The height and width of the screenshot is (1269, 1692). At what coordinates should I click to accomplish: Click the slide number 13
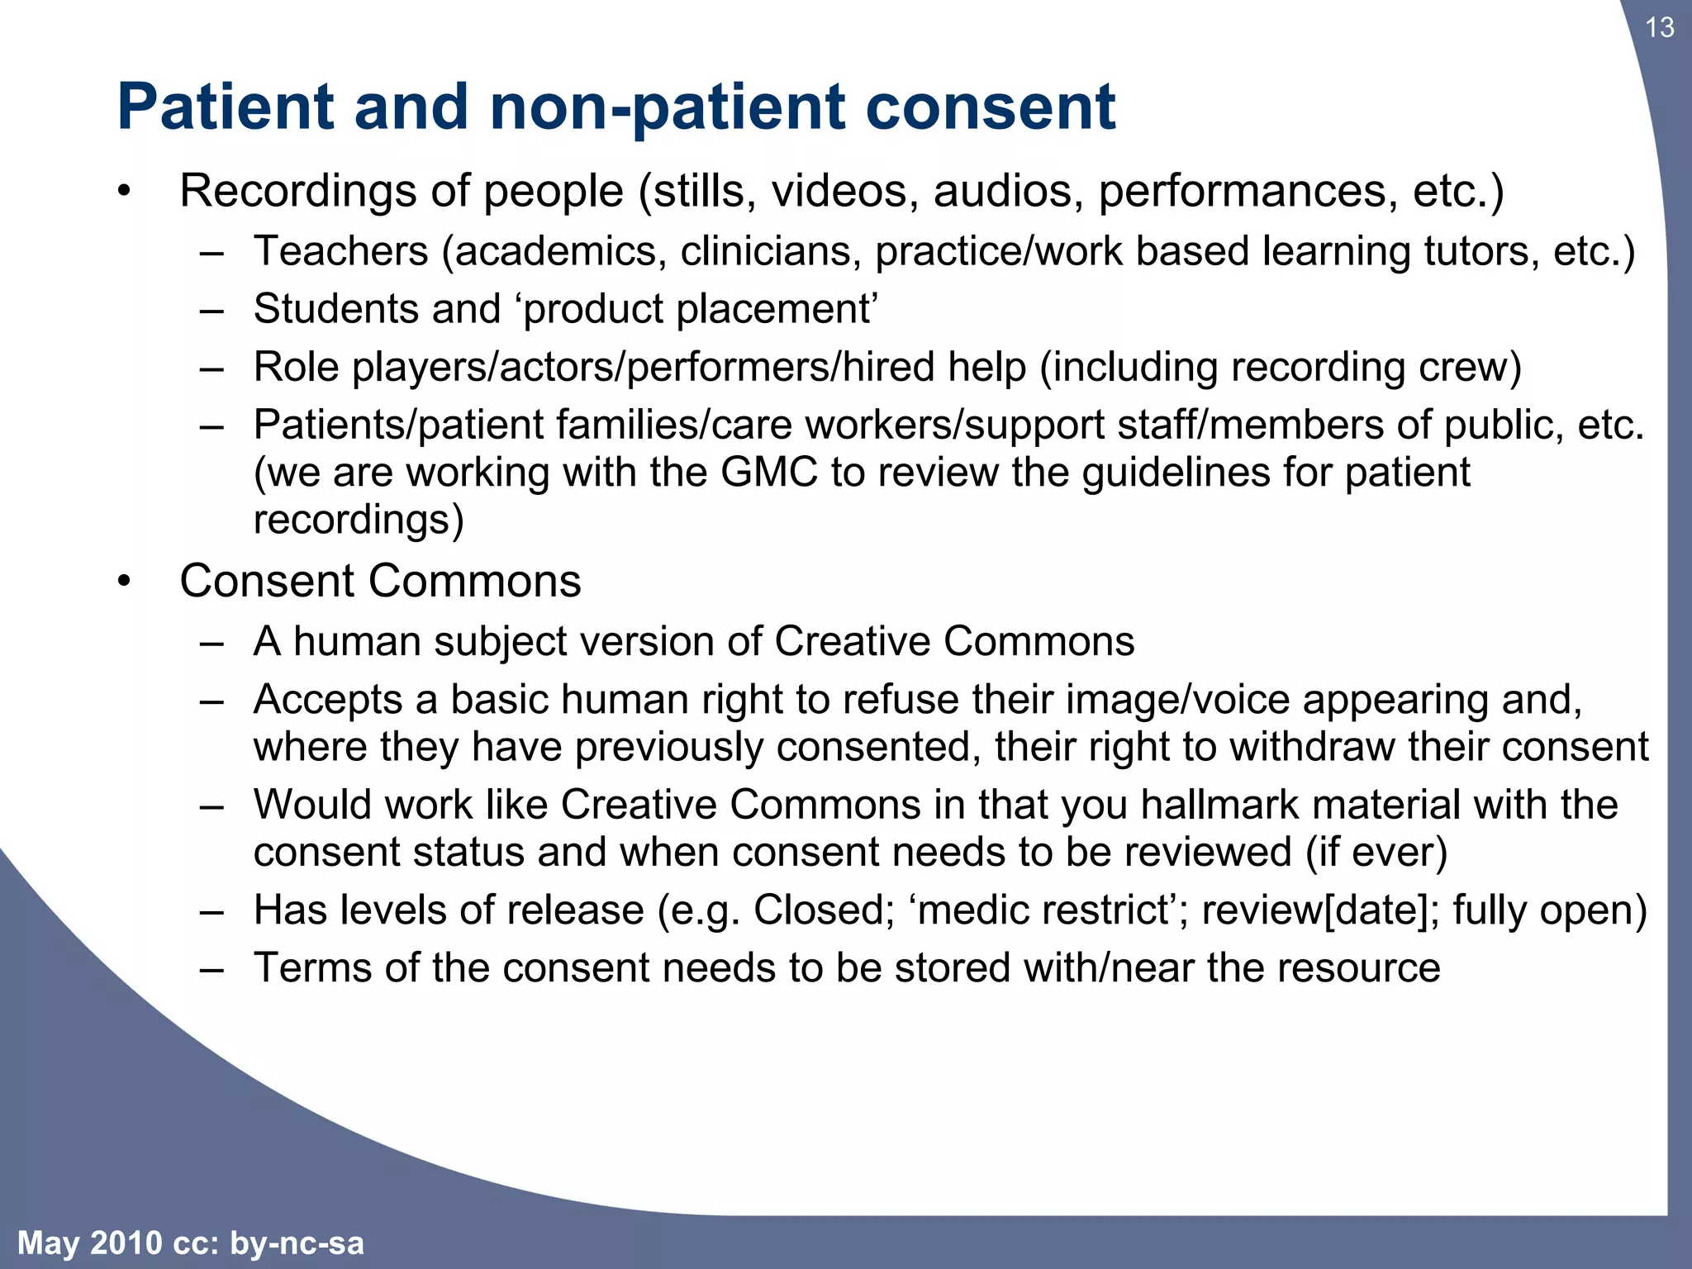(x=1659, y=28)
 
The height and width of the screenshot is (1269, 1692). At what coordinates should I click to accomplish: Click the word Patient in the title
(x=225, y=107)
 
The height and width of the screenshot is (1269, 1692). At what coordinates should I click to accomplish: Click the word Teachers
(x=340, y=251)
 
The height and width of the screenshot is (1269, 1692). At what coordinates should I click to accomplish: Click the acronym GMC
(x=768, y=473)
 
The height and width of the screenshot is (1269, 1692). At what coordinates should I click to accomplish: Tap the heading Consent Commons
(x=380, y=581)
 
